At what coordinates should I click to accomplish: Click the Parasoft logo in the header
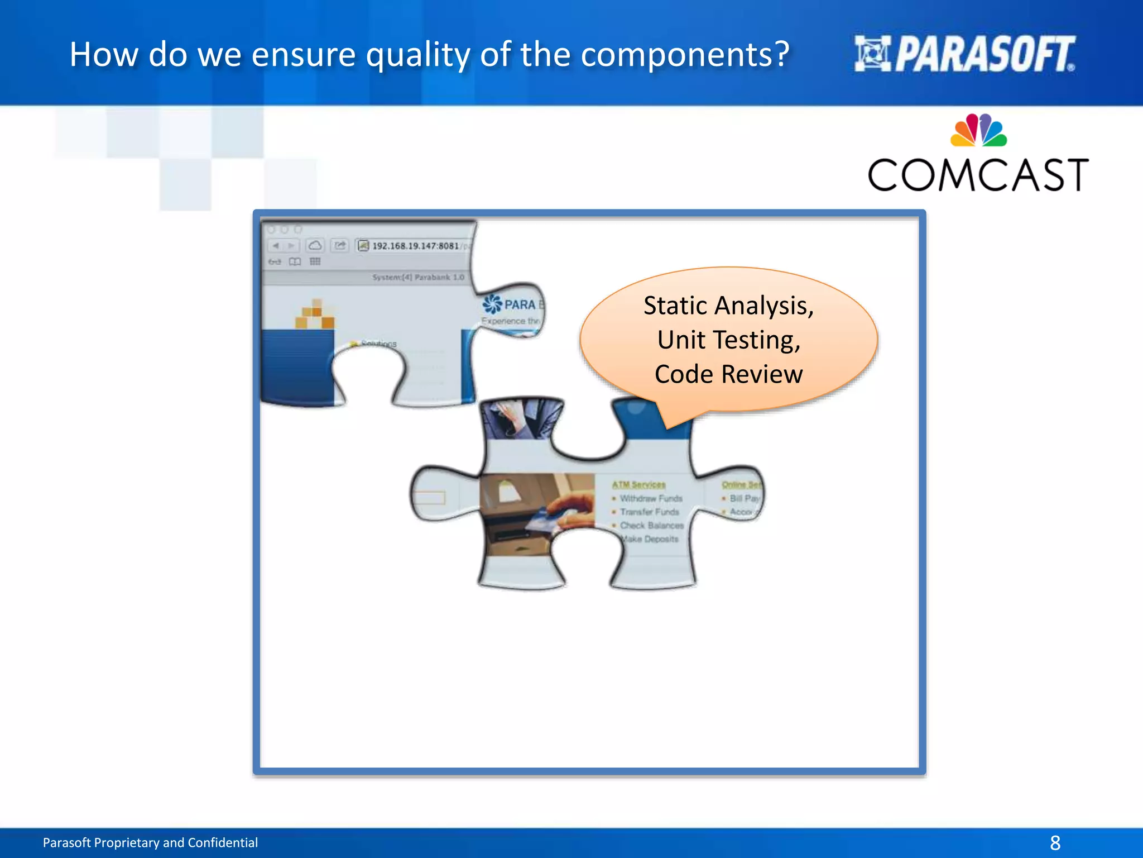pyautogui.click(x=964, y=54)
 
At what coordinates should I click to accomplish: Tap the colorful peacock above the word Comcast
pyautogui.click(x=978, y=131)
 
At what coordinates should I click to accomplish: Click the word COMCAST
pyautogui.click(x=978, y=175)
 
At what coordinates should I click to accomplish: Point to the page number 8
pyautogui.click(x=1055, y=842)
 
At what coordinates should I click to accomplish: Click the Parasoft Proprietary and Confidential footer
pyautogui.click(x=150, y=842)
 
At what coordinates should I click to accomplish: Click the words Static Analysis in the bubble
pyautogui.click(x=728, y=306)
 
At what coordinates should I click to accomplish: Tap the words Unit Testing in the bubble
pyautogui.click(x=728, y=340)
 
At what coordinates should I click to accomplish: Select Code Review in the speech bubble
pyautogui.click(x=728, y=374)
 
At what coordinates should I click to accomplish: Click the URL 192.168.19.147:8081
pyautogui.click(x=415, y=246)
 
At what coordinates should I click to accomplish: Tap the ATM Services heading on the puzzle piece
pyautogui.click(x=638, y=484)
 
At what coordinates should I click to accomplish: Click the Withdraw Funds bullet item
pyautogui.click(x=651, y=498)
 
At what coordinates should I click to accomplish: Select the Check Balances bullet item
pyautogui.click(x=651, y=526)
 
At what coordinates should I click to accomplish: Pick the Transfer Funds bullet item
pyautogui.click(x=649, y=512)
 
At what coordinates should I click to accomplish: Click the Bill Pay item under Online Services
pyautogui.click(x=744, y=498)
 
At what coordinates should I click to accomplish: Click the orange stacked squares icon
pyautogui.click(x=315, y=314)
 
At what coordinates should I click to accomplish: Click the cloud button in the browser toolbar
pyautogui.click(x=315, y=246)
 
